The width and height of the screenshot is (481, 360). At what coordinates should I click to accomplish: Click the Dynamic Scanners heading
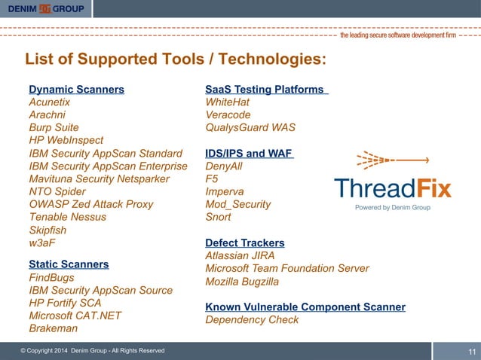pyautogui.click(x=76, y=90)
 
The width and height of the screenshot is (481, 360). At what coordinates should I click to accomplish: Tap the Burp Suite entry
pyautogui.click(x=54, y=128)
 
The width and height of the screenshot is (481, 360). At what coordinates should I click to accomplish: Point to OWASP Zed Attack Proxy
pyautogui.click(x=90, y=204)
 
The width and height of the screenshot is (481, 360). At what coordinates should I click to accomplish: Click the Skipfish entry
pyautogui.click(x=47, y=230)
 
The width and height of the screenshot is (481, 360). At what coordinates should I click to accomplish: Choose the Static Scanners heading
pyautogui.click(x=69, y=264)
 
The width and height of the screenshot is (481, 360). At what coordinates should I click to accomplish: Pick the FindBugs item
pyautogui.click(x=52, y=278)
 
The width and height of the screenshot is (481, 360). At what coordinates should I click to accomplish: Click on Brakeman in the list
pyautogui.click(x=53, y=328)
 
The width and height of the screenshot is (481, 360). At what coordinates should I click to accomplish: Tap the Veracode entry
pyautogui.click(x=228, y=114)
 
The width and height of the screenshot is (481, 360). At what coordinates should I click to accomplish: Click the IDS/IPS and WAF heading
pyautogui.click(x=249, y=154)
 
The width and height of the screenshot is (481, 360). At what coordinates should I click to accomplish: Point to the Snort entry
pyautogui.click(x=219, y=217)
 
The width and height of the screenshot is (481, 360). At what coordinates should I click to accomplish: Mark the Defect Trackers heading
pyautogui.click(x=245, y=243)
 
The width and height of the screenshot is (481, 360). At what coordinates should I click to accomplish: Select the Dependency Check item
pyautogui.click(x=252, y=319)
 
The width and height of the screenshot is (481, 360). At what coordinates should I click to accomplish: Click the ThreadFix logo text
pyautogui.click(x=392, y=188)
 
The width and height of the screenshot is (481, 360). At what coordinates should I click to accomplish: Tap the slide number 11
pyautogui.click(x=473, y=352)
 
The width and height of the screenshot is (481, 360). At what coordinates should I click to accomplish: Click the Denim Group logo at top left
pyautogui.click(x=46, y=9)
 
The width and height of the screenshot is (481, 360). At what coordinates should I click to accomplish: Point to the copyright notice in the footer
pyautogui.click(x=93, y=351)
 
